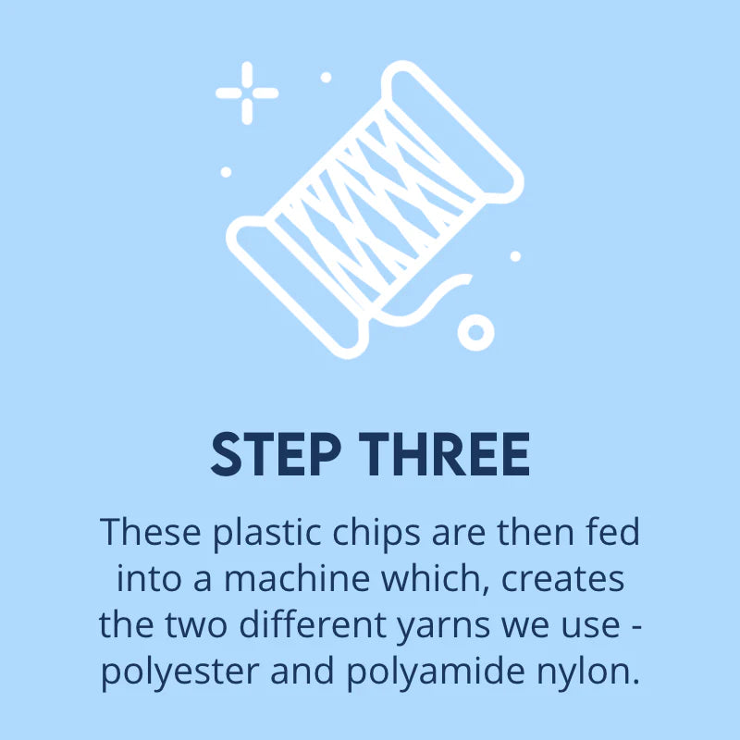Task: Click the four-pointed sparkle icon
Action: (x=247, y=93)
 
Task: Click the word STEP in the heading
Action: (x=276, y=454)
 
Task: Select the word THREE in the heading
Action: (x=444, y=454)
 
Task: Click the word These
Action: (x=151, y=532)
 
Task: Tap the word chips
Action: (x=376, y=534)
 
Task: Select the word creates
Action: (x=562, y=579)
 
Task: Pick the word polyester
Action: (x=179, y=672)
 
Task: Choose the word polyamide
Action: (x=436, y=672)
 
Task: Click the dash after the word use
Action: (x=636, y=627)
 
